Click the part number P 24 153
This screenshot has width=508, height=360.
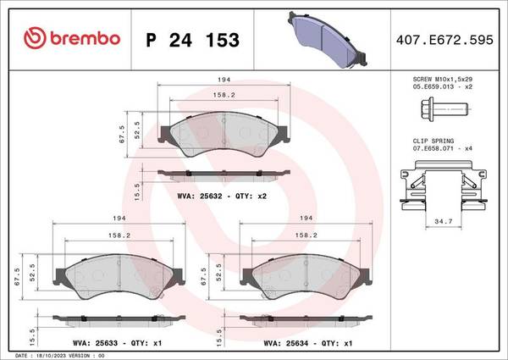tap(193, 39)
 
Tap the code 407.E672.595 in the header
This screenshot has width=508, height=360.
tap(442, 39)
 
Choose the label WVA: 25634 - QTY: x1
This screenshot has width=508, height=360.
tap(302, 344)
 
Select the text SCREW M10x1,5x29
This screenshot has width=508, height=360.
tap(442, 77)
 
